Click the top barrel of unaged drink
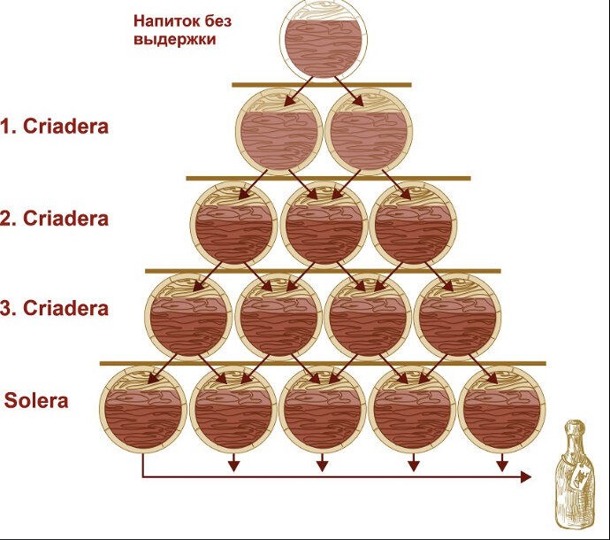pos(322,42)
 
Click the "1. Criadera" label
pos(55,126)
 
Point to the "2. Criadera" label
pos(55,219)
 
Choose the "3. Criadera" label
pos(55,309)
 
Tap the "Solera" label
pos(37,400)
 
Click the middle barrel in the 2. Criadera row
pos(323,223)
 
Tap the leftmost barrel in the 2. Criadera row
pos(233,223)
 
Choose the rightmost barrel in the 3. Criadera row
pos(457,316)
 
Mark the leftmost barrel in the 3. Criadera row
pos(189,316)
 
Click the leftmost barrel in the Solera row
pos(143,408)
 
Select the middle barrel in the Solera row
pos(323,408)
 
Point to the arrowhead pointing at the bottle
pos(526,477)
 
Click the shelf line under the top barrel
pos(322,85)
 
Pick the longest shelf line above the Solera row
pos(323,363)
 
